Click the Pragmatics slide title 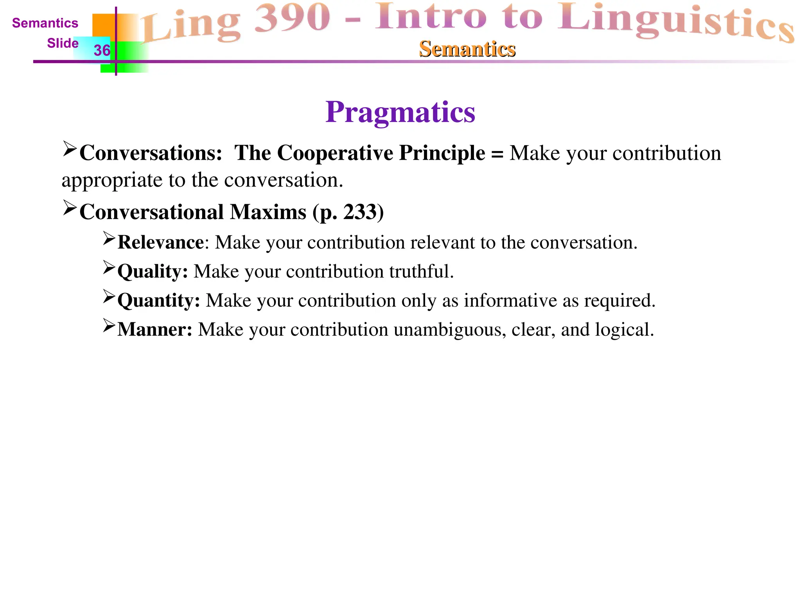(x=400, y=112)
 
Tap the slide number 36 (x=102, y=50)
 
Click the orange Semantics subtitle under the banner (x=467, y=49)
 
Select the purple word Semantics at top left (x=45, y=23)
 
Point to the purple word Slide (x=63, y=43)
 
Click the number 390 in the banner (x=293, y=18)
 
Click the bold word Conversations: (x=151, y=153)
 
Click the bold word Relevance (x=160, y=242)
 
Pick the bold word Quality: (x=153, y=272)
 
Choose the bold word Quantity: (x=158, y=300)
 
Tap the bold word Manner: (x=154, y=329)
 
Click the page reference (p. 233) (x=348, y=212)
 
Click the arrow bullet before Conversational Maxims (x=69, y=208)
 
